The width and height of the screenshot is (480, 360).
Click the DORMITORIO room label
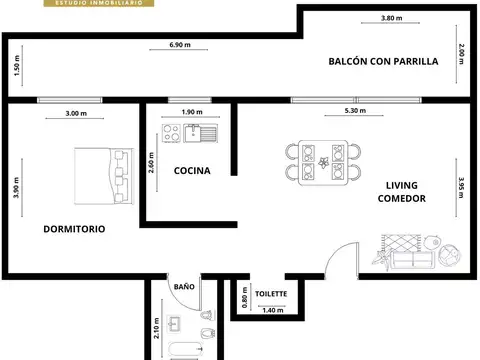point(74,229)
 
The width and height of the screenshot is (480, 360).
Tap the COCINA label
point(192,171)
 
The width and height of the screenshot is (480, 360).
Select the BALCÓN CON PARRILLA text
point(383,61)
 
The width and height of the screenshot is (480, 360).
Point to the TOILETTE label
point(271,294)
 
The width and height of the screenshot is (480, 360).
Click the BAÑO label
point(184,287)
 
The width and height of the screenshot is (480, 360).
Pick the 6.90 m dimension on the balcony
point(180,45)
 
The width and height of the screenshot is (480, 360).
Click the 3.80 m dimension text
point(392,18)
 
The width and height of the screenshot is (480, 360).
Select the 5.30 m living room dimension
point(355,110)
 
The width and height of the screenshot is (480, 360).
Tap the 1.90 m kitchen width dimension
point(192,112)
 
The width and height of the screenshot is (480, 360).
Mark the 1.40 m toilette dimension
point(273,310)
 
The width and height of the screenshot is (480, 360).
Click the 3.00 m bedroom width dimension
point(76,113)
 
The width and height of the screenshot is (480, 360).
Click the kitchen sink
point(201,133)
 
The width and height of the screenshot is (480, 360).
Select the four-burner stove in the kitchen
point(171,133)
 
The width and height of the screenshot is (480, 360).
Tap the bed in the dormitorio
point(104,176)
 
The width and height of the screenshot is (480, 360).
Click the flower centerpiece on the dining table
point(323,163)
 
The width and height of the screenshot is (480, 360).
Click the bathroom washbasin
point(174,324)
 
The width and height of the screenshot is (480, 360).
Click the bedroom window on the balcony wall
point(69,100)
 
